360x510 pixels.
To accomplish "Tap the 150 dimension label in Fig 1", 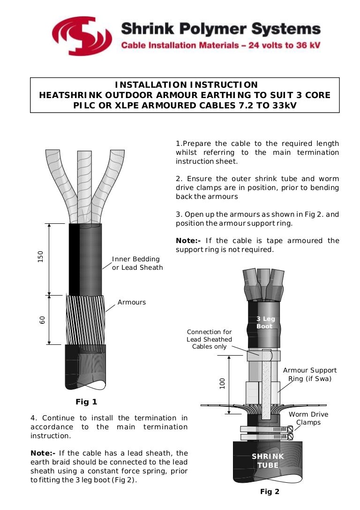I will tap(41, 257).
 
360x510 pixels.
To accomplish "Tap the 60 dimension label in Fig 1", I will tap(42, 320).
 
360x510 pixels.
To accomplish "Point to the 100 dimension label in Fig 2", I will tap(223, 383).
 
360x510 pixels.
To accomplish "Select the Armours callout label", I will tap(132, 302).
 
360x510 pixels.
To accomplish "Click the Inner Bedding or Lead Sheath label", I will tap(137, 263).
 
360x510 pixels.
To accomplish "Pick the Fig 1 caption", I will tap(86, 402).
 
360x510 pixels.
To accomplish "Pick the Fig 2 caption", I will tap(270, 492).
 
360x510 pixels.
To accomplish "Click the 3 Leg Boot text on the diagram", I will tap(265, 323).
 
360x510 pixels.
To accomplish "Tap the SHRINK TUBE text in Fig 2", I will tap(268, 461).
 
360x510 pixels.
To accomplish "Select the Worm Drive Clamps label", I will tap(308, 418).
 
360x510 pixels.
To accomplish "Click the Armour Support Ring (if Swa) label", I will tap(310, 374).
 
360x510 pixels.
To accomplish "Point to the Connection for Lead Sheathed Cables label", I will tap(209, 339).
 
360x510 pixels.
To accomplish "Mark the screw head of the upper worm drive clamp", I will tap(290, 428).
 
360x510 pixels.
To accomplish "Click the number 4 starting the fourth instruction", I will tap(33, 418).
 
